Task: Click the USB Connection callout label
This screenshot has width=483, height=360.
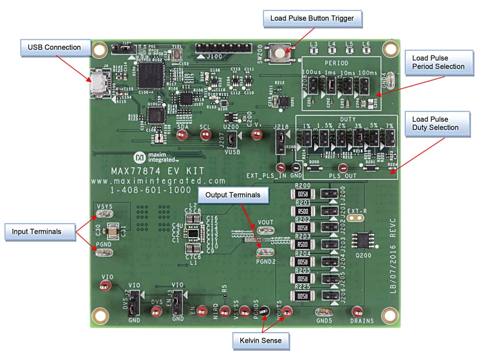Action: (54, 48)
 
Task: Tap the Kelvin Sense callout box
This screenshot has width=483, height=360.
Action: (260, 340)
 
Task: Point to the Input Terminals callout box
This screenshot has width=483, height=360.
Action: (40, 232)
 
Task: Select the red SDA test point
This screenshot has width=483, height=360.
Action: (183, 135)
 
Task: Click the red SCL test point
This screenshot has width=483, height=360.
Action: (205, 135)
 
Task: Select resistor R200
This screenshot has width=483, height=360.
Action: (303, 194)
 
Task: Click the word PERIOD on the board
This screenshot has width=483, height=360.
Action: (337, 63)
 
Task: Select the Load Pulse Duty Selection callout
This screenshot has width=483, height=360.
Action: (435, 123)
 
